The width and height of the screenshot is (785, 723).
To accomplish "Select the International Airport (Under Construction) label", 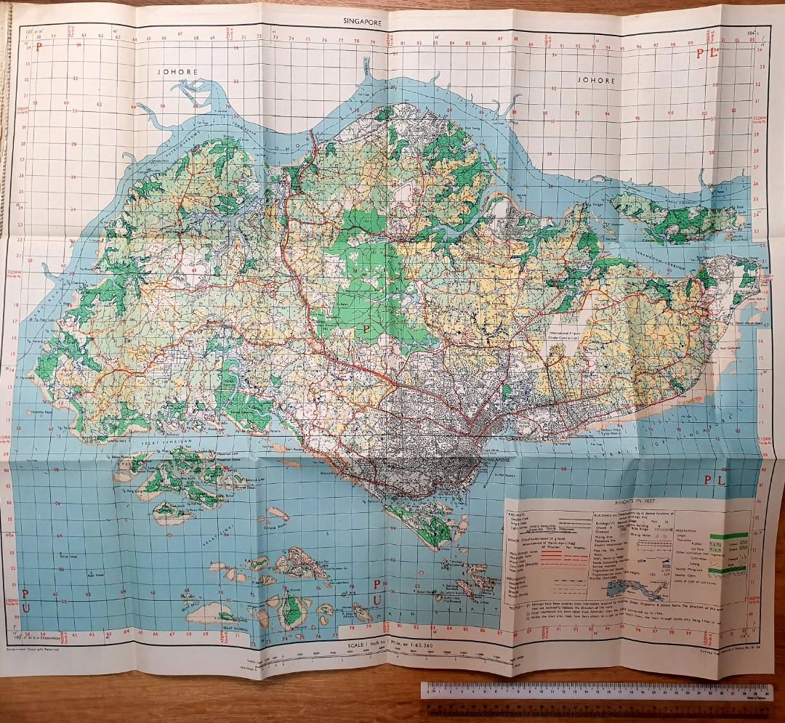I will point(571,334).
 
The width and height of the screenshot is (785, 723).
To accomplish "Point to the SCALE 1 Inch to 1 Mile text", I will point(391,644).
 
